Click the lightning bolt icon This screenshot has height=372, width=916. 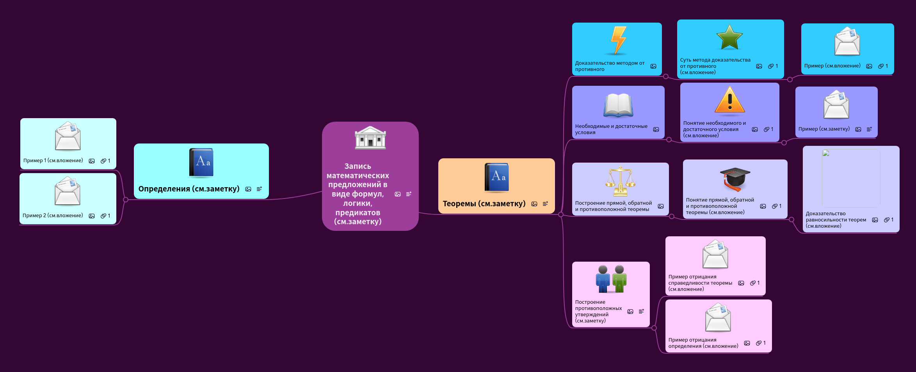point(619,40)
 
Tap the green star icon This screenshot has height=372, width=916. point(729,37)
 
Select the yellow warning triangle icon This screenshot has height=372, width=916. point(729,100)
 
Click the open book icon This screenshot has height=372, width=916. point(618,105)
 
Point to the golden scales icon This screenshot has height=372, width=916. point(620,181)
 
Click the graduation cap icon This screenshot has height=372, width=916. point(735,179)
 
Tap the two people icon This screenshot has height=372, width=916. point(611,279)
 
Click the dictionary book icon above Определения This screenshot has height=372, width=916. point(201,163)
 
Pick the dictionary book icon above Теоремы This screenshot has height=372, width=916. point(496,177)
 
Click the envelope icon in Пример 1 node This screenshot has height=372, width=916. point(68,136)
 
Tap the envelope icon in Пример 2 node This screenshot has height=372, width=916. point(68,191)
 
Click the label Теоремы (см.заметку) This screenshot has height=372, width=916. point(484,204)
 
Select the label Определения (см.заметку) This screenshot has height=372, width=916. point(189,189)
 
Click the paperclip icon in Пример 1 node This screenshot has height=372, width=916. point(103,161)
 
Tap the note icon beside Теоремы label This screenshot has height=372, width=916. point(545,204)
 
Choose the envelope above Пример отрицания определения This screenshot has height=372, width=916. point(718,317)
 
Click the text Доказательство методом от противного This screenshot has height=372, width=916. point(610,66)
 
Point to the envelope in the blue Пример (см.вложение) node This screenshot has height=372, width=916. point(847,41)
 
